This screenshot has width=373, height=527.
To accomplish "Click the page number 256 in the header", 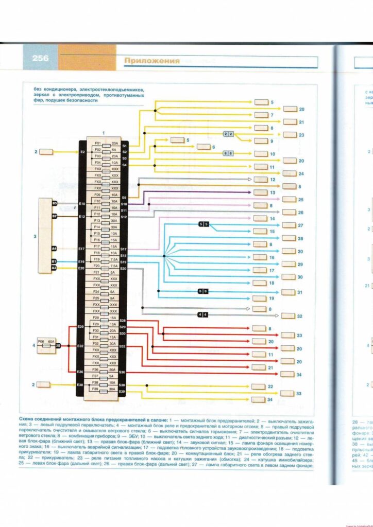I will pos(40,59).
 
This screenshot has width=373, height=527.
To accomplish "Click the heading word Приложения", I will pos(151,61).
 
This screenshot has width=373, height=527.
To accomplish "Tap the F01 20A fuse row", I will pos(106,143).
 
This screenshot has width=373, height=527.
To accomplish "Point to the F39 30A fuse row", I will pos(106,389).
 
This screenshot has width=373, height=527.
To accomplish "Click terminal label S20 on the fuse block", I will pos(123,269).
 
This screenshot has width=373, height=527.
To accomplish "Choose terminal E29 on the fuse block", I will pos(80,327).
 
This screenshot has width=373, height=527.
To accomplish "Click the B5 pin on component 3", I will pos(54,204).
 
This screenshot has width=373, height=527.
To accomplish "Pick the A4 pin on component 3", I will pos(54,249).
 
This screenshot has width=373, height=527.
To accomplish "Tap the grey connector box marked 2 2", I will pos(228,134).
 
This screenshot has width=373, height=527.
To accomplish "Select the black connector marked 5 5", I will pos(204,224).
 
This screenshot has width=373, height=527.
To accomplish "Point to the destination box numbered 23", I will pos(290,135).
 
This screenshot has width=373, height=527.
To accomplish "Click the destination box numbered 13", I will pos(261,192).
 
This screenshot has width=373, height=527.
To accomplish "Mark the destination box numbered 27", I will pos(290,225).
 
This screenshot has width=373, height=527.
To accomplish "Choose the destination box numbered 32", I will pos(290,316).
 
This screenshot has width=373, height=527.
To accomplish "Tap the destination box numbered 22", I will pos(261,387).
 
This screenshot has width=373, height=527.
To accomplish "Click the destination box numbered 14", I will pos(261,219).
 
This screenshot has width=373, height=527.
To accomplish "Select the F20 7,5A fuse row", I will pos(106,266).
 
